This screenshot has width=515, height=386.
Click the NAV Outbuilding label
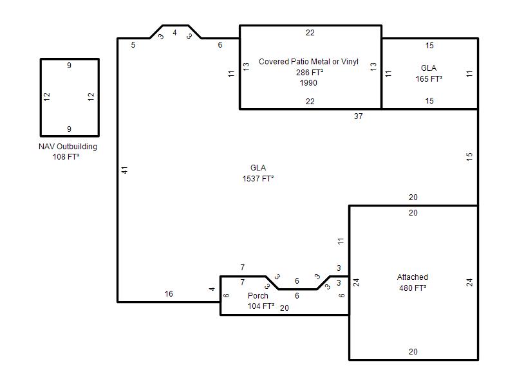point(68,147)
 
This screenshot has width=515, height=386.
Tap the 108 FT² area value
point(66,157)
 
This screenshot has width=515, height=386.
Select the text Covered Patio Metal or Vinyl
point(308,61)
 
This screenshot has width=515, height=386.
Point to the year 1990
point(308,83)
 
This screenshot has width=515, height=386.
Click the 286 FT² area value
point(310,72)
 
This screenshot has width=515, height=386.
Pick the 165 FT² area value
point(429,78)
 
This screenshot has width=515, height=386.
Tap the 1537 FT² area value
point(258,179)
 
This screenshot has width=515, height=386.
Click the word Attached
point(413,277)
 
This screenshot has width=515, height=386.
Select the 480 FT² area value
point(413,288)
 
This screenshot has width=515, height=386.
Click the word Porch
point(258,295)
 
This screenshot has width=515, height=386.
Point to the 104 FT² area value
point(261,306)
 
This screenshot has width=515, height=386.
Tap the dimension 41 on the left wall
point(124,170)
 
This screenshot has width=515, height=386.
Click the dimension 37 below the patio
point(359,116)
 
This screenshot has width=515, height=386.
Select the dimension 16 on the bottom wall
point(169,294)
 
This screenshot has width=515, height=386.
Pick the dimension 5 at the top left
point(133,44)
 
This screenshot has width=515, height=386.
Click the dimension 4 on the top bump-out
point(174,33)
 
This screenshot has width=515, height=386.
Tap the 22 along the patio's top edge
point(310,33)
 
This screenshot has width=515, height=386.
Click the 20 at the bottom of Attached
point(413,351)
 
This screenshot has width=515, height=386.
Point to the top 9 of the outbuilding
point(69,66)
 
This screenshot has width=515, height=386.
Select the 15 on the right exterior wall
point(469,156)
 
